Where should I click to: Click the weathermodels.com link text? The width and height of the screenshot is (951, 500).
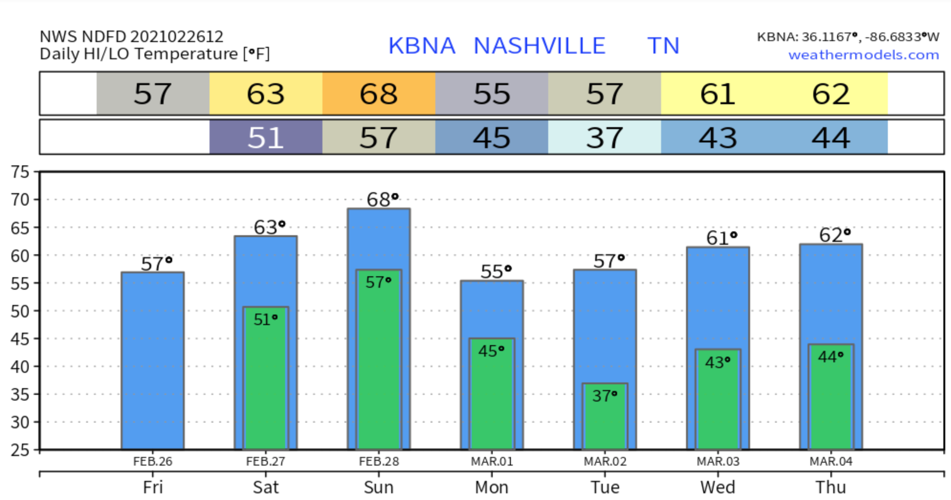(863, 55)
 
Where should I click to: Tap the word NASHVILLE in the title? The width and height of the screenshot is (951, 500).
(539, 46)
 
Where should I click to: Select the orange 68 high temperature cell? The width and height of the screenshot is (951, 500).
(378, 94)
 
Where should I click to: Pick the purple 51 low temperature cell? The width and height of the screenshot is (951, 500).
(265, 138)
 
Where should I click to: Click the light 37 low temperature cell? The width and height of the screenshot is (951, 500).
(604, 138)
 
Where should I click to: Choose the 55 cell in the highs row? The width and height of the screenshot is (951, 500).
(491, 94)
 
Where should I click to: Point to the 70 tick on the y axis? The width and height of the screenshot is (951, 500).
(20, 200)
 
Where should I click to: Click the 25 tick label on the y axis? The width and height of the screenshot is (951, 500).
(20, 450)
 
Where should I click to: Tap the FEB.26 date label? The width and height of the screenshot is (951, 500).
(153, 461)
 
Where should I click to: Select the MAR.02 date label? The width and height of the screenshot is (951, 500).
(605, 461)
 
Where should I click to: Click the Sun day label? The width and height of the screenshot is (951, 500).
(378, 487)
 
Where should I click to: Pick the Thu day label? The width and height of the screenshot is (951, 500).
(830, 487)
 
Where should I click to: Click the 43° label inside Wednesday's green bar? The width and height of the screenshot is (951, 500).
(718, 362)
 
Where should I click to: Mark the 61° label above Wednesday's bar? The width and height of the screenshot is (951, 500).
(721, 238)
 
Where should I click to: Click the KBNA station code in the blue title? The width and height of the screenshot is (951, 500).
(421, 46)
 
